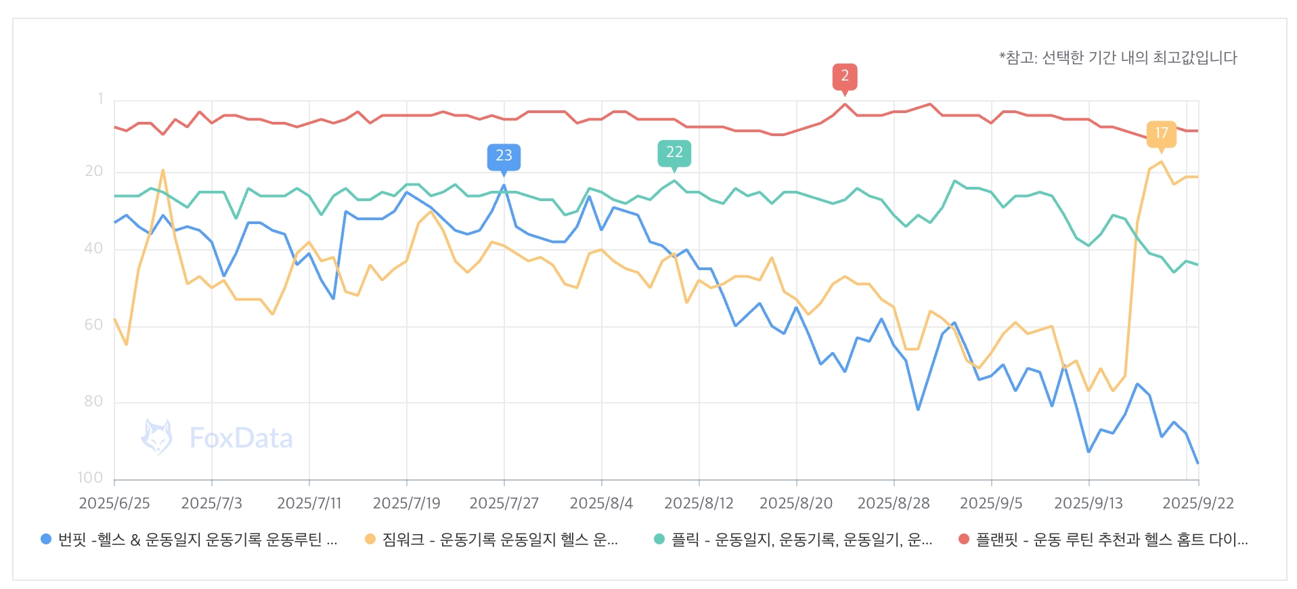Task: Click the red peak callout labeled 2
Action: [x=844, y=76]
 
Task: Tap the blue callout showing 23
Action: [x=504, y=156]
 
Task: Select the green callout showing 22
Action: [x=674, y=152]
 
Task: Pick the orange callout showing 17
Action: [x=1161, y=133]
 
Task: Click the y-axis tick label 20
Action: [x=93, y=171]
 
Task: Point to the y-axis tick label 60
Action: [x=93, y=325]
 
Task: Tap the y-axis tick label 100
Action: [x=90, y=478]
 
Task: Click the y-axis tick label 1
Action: [x=100, y=99]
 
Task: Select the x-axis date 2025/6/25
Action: [x=114, y=503]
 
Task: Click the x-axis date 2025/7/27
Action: [x=504, y=503]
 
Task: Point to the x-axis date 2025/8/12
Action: [x=699, y=503]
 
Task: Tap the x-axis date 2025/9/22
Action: [x=1197, y=503]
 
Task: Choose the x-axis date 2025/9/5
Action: [x=991, y=503]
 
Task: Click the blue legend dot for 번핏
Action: [x=46, y=540]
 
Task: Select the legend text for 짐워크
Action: [x=500, y=540]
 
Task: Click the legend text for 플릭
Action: [x=801, y=540]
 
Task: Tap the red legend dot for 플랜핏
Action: [x=964, y=540]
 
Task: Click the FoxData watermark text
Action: [x=241, y=438]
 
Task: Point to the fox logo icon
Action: [x=156, y=437]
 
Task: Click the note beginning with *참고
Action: [x=1118, y=58]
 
